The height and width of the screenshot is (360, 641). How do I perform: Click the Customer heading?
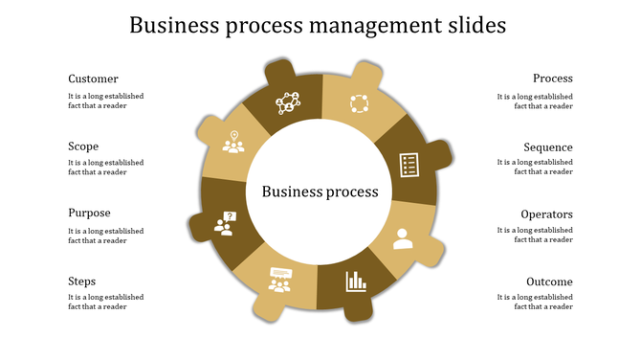(93, 79)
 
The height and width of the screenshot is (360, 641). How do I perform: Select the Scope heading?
(83, 146)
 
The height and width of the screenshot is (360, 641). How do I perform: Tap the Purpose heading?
(89, 214)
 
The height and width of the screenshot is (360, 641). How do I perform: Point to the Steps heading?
(81, 281)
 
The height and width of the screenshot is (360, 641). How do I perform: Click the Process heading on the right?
(553, 79)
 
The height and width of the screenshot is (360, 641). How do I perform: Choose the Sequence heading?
(548, 147)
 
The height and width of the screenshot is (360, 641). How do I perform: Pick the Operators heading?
(546, 214)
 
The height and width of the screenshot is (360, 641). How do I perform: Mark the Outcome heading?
(549, 282)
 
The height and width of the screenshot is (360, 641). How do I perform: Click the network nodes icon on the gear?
(288, 101)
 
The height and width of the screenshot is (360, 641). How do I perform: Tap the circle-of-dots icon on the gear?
(359, 102)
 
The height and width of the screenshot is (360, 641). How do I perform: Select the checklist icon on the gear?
(409, 164)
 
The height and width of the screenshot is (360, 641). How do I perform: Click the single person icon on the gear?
(403, 237)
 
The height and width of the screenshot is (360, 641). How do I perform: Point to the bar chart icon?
(357, 281)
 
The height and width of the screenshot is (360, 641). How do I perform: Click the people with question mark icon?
(225, 224)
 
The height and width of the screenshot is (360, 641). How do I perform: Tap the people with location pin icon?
(233, 143)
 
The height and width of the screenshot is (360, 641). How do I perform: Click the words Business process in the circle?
(320, 191)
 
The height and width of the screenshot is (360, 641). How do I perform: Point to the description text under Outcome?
(535, 303)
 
